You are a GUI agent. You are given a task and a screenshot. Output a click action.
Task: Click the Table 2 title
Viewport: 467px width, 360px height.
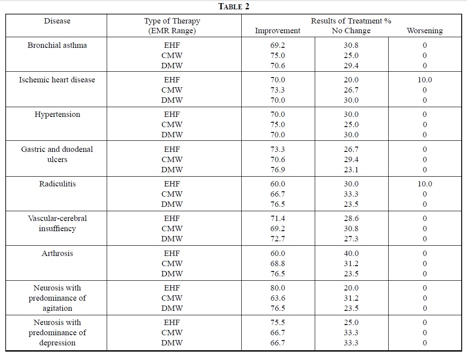point(234,7)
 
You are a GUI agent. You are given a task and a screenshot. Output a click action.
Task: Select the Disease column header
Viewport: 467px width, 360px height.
point(57,21)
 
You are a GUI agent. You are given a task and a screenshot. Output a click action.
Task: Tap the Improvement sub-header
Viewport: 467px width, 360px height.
point(278,31)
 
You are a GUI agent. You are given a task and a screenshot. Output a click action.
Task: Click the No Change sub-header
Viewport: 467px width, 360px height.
point(351,31)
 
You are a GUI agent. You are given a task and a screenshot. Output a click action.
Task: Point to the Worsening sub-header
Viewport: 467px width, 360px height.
point(425,31)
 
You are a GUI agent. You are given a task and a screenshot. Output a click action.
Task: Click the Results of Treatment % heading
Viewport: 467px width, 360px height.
point(351,21)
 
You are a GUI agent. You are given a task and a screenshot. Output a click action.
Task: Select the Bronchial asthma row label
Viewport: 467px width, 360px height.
point(57,45)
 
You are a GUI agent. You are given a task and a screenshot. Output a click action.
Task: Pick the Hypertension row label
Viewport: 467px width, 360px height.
point(57,114)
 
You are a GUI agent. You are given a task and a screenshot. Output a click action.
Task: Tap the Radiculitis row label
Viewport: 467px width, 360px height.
point(58,184)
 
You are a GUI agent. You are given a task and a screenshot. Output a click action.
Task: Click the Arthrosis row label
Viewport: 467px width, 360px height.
point(57,253)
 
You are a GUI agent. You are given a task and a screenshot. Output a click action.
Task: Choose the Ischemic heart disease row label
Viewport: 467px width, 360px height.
point(57,80)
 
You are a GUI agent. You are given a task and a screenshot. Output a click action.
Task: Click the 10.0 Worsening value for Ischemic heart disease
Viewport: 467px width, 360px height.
point(425,80)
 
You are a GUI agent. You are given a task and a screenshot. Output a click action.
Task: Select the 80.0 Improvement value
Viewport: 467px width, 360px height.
point(278,288)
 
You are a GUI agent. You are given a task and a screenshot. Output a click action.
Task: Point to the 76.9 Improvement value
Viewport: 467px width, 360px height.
point(278,170)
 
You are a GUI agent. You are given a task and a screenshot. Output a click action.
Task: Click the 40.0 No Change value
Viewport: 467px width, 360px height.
point(351,253)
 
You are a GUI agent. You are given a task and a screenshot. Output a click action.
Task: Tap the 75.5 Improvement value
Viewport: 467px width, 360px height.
point(278,322)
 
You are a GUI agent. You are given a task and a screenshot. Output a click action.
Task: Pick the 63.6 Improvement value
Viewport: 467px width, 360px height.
point(278,298)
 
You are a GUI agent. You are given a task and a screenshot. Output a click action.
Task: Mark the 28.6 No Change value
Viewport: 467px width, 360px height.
point(351,218)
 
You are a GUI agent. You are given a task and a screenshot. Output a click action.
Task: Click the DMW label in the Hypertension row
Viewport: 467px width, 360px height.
point(172,135)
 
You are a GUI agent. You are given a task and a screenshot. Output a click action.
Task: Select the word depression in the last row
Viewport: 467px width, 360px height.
point(57,343)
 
